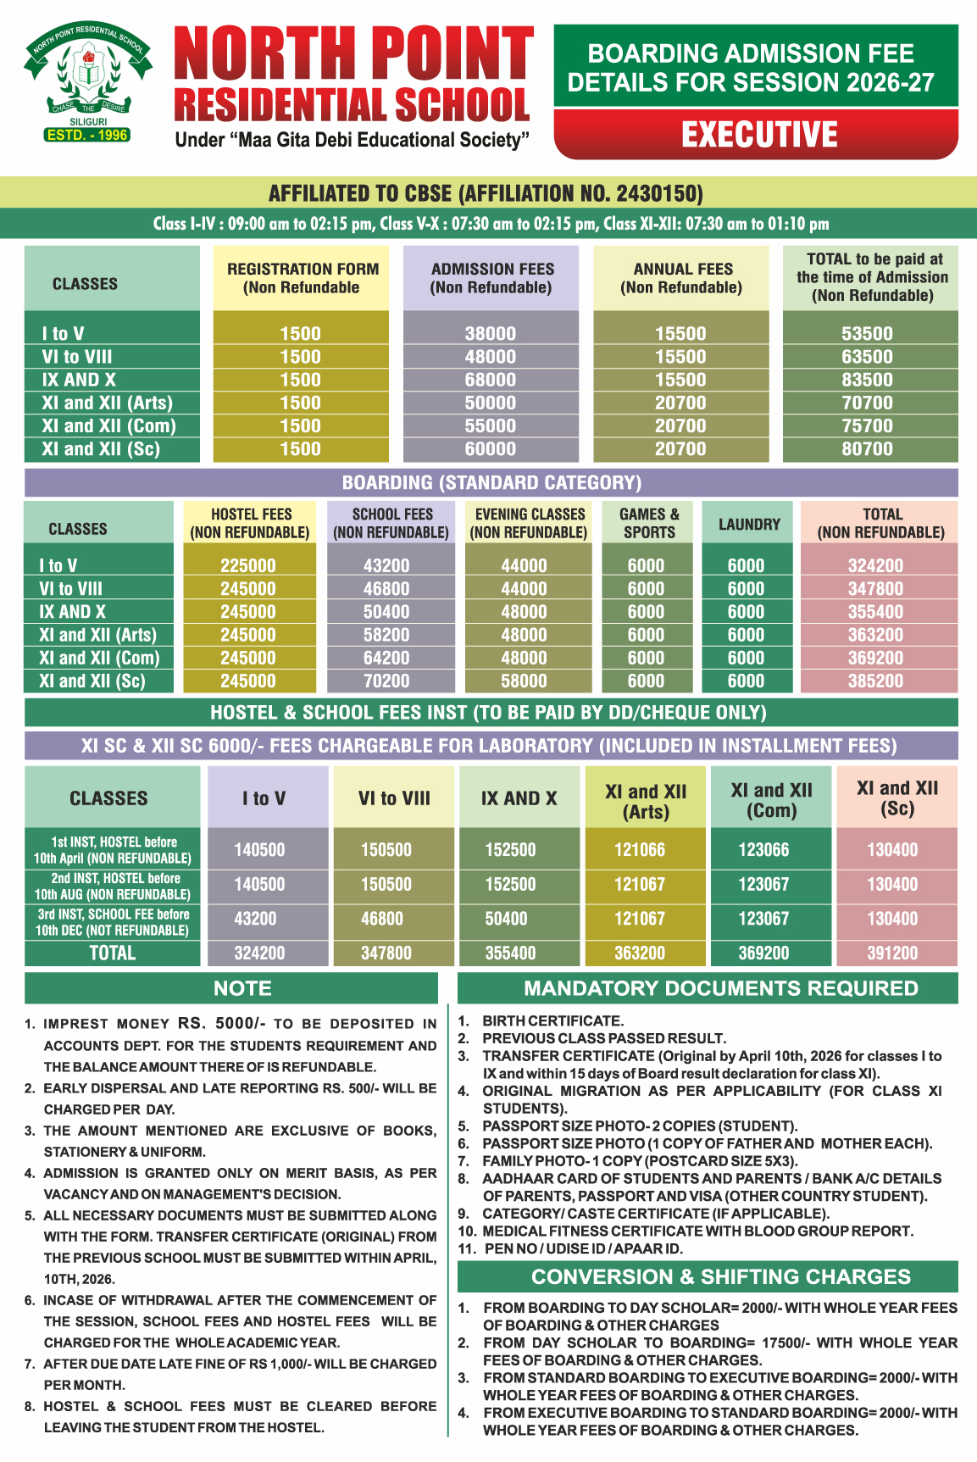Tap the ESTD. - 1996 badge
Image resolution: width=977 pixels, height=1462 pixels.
[87, 135]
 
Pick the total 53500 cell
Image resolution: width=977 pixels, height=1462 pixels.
[867, 334]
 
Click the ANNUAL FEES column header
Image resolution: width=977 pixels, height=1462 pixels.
[682, 278]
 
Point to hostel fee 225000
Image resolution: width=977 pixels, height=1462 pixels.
[248, 565]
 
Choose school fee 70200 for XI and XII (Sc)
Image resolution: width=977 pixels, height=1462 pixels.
[386, 681]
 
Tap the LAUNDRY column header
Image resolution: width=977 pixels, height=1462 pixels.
[749, 524]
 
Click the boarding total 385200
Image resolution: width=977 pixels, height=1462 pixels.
[875, 681]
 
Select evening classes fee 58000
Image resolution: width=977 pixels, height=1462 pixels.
[524, 681]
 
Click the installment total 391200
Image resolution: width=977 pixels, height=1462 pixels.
[892, 953]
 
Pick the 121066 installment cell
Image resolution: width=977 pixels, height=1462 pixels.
[640, 849]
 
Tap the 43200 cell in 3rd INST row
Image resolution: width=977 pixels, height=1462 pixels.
[259, 919]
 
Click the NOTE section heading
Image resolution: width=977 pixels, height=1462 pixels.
[242, 988]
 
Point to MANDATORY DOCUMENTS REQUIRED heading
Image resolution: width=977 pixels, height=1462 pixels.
[721, 988]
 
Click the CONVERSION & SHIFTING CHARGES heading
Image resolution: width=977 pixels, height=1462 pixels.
[721, 1276]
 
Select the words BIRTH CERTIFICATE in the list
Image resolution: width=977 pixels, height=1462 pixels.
[552, 1021]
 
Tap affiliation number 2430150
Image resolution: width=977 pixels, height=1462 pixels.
[658, 193]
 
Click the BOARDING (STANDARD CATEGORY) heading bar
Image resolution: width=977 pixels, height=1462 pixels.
[491, 482]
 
